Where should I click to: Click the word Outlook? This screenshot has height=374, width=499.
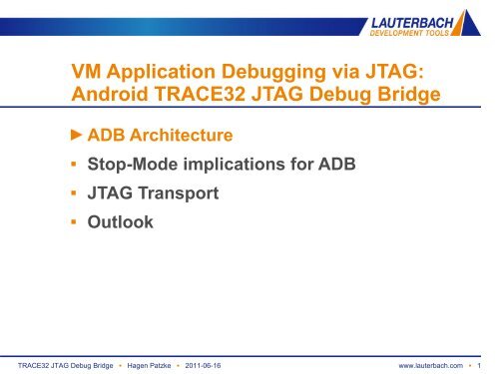(121, 223)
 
